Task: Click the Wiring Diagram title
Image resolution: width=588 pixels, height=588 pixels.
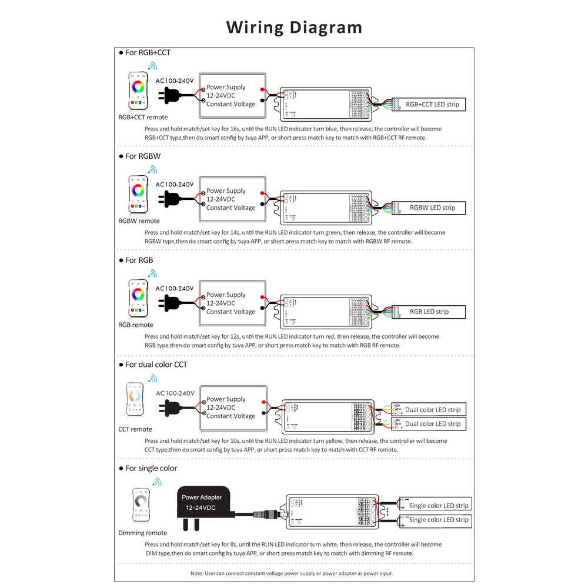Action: point(294,28)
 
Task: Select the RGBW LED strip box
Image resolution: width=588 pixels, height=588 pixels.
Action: point(432,208)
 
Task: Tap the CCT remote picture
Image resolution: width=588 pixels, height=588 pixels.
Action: point(135,401)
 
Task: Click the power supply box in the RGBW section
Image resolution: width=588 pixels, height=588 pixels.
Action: point(233,199)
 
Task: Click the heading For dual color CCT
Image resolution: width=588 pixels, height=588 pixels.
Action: point(156,365)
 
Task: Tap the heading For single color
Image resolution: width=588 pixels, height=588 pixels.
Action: point(151,468)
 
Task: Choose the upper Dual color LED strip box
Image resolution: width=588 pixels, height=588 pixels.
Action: point(432,409)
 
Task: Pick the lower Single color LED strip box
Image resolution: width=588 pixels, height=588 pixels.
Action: point(438,520)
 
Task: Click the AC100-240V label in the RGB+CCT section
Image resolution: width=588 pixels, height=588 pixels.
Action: point(175,80)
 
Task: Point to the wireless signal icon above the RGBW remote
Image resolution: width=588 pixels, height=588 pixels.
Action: point(153,170)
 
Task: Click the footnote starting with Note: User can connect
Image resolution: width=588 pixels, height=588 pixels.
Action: point(292,573)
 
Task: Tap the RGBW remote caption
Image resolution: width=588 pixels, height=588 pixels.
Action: point(139,221)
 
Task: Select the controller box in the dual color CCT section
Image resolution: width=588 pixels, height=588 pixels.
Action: point(327,415)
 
